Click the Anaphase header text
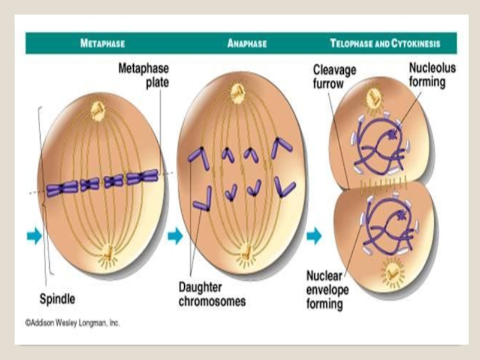(x=247, y=44)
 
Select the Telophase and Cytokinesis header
(x=385, y=44)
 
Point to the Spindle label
(x=57, y=298)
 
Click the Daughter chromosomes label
(x=212, y=294)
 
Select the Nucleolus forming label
(x=432, y=74)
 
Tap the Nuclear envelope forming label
(x=325, y=289)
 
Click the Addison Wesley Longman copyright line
(x=73, y=323)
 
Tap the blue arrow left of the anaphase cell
(x=175, y=236)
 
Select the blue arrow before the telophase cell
(x=314, y=236)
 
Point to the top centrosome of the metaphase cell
(x=98, y=110)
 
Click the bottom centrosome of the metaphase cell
(x=109, y=256)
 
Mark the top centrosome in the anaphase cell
(x=239, y=93)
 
